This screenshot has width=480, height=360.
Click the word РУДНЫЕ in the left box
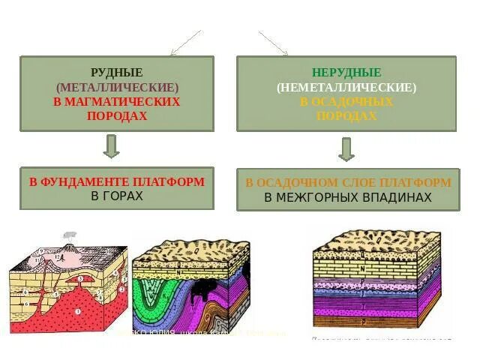(116, 73)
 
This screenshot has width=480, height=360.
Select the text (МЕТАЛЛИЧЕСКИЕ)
(116, 87)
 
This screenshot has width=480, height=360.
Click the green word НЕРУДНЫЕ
(346, 73)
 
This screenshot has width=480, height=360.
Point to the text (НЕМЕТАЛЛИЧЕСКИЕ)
(346, 87)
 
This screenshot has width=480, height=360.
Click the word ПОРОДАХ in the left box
(116, 115)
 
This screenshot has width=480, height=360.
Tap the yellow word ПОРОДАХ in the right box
(346, 115)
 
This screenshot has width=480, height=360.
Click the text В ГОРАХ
(116, 196)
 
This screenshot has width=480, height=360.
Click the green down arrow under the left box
(111, 146)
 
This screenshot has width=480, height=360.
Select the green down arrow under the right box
(346, 148)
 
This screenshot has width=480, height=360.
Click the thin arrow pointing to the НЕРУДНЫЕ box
(274, 43)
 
